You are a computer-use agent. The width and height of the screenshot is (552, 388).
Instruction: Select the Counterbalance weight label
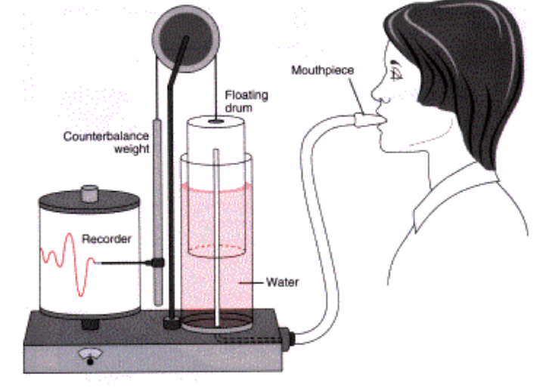tap(106, 143)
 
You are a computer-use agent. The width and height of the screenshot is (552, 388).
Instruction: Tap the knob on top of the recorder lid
tap(90, 189)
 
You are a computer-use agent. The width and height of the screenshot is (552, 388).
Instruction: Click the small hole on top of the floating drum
tap(216, 120)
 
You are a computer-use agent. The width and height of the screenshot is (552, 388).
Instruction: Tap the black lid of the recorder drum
tap(90, 202)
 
